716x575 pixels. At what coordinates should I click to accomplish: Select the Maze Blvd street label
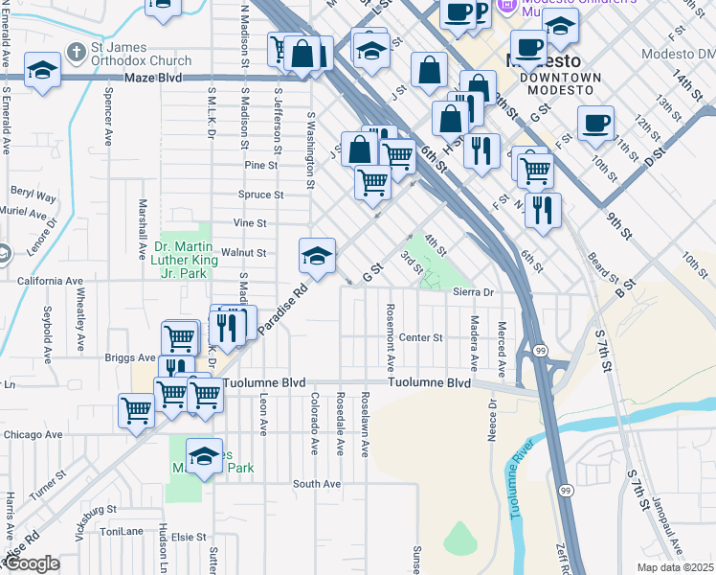pyautogui.click(x=152, y=77)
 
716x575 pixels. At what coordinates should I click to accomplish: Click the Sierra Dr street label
pyautogui.click(x=473, y=292)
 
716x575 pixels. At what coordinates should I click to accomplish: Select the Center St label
pyautogui.click(x=421, y=337)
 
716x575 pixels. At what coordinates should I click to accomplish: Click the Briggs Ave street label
pyautogui.click(x=125, y=359)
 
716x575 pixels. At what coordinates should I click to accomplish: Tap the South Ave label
pyautogui.click(x=317, y=484)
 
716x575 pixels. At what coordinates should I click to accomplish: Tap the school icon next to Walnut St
pyautogui.click(x=317, y=255)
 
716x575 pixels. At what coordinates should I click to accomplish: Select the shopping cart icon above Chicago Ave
pyautogui.click(x=137, y=409)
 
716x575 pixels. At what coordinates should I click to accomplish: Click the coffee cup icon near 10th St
pyautogui.click(x=595, y=123)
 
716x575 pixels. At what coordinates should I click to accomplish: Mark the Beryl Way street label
pyautogui.click(x=34, y=197)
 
